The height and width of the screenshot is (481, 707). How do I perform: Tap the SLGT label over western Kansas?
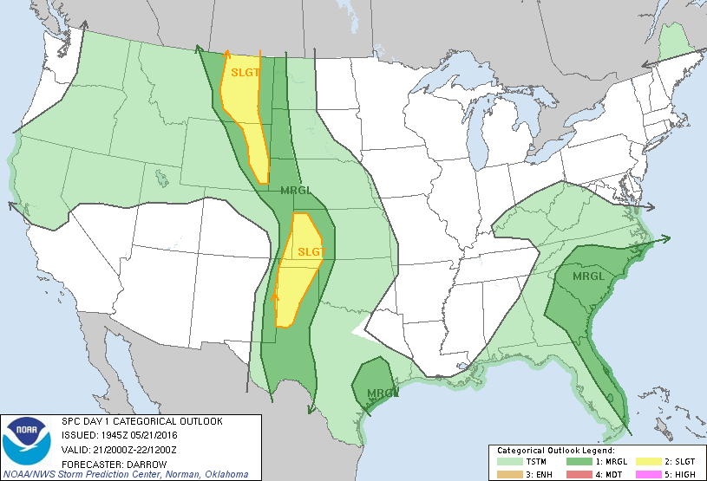click(311, 252)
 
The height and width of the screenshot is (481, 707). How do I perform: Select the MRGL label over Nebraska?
click(298, 191)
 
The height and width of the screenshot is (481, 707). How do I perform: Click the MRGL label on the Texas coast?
click(383, 393)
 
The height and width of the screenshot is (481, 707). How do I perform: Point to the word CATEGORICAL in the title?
click(139, 421)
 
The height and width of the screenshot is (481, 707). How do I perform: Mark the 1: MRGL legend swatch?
click(573, 463)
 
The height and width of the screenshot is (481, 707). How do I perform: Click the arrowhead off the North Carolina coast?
click(666, 238)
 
